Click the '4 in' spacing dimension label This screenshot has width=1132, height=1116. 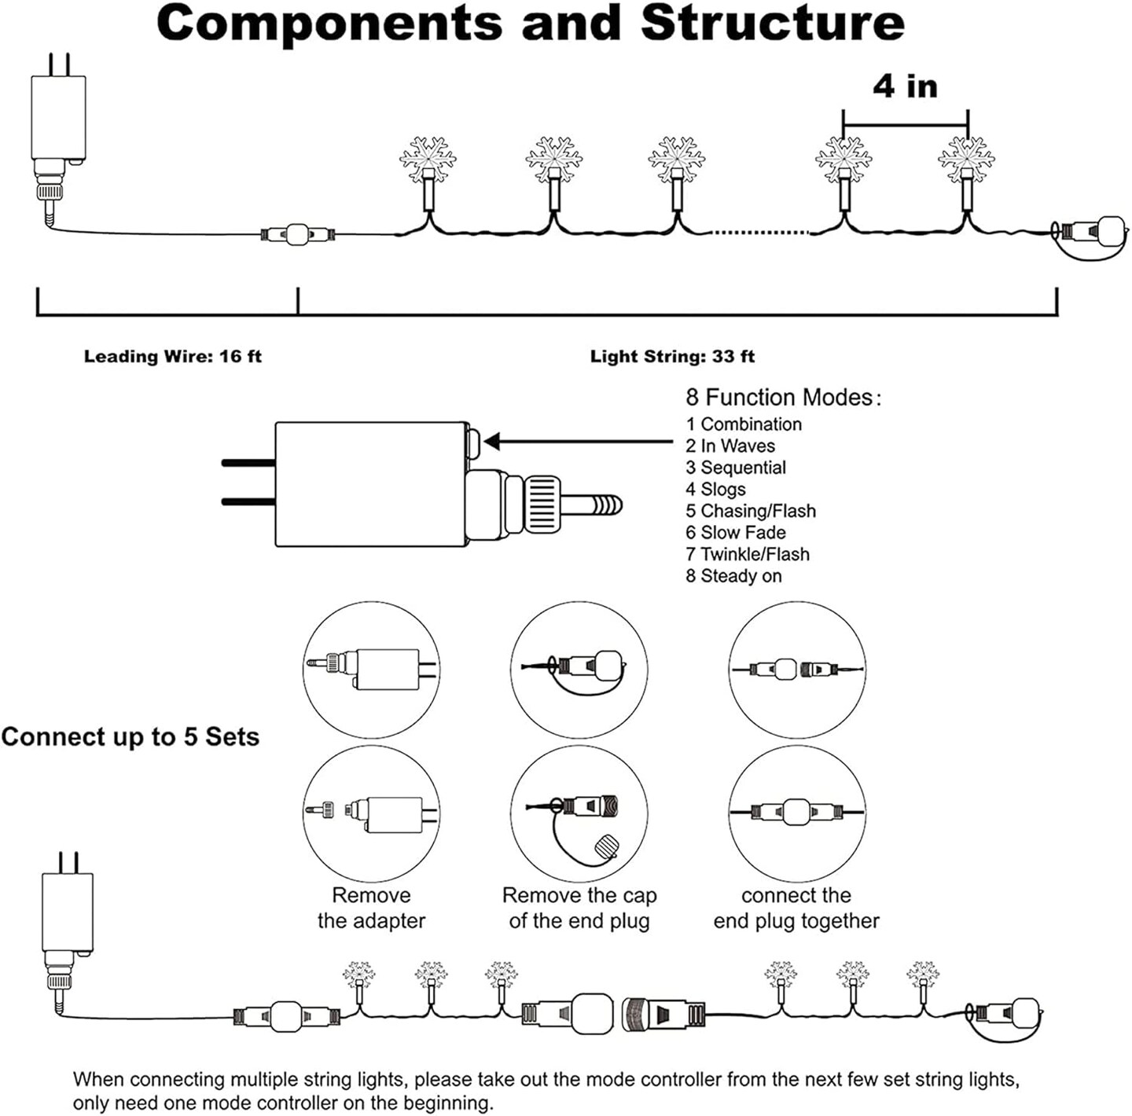[905, 86]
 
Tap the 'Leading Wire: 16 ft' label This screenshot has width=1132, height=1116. [172, 357]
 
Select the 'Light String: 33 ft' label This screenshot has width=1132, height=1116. [672, 357]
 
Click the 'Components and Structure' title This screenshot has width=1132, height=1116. [531, 24]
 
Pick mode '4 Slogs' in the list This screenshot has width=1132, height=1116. [715, 490]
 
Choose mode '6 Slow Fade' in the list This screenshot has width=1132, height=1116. [735, 533]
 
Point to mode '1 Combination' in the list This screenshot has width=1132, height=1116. [744, 424]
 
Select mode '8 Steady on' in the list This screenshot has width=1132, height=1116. [733, 576]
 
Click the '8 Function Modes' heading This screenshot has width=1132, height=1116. [783, 397]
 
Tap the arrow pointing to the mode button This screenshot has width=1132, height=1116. [578, 442]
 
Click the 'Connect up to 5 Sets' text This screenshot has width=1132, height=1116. [130, 737]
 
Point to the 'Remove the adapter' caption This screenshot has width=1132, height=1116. [371, 908]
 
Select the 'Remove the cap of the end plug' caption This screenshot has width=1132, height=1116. [579, 908]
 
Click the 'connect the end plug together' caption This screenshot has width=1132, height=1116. [796, 908]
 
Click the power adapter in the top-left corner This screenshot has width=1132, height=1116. [57, 118]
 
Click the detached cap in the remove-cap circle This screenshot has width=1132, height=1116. [608, 848]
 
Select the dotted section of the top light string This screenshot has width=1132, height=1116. [759, 232]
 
